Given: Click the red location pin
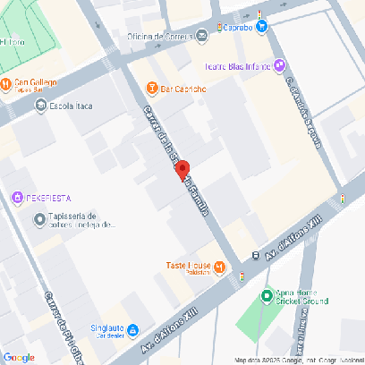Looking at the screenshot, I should point(182,170).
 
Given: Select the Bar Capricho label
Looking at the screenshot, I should point(184,89).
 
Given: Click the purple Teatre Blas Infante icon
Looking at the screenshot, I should point(280,64).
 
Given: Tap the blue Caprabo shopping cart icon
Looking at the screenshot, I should point(262,26).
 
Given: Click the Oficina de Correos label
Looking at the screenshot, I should point(159,36).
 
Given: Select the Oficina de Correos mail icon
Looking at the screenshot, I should point(202,36).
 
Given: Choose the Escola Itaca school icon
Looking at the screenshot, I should point(40,106).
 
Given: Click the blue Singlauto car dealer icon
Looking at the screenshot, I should point(132,328).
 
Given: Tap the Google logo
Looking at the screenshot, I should point(19,357).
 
